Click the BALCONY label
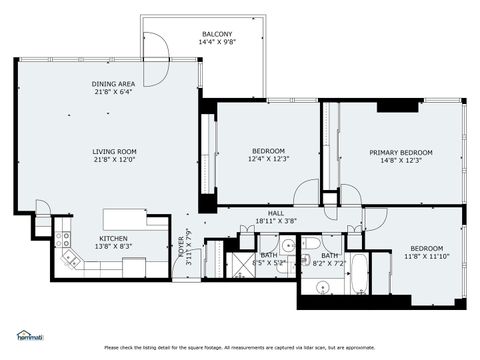pos(217,34)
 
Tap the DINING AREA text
pos(114,84)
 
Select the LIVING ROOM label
pos(114,151)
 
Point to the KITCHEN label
pos(113,238)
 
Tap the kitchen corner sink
pos(72,258)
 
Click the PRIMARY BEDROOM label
pos(399,153)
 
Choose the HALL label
pos(276,213)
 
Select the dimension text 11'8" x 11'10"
pos(426,256)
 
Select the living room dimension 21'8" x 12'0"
pos(114,160)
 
